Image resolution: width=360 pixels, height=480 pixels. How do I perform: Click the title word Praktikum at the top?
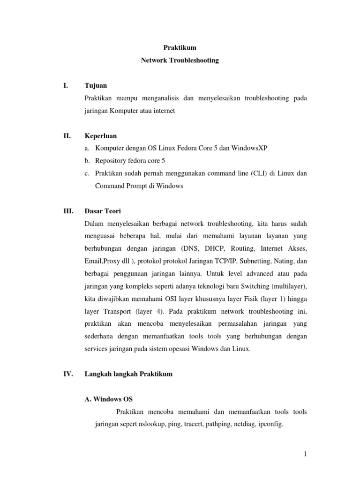coord(180,48)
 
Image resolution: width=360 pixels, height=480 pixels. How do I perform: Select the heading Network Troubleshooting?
coord(180,60)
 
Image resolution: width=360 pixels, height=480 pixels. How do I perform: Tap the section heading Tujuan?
coord(96,86)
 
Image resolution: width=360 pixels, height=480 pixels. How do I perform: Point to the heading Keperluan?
coord(100,136)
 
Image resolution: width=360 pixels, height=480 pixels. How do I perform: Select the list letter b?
coord(87,161)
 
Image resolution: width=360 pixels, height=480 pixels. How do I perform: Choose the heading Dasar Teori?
coord(103,211)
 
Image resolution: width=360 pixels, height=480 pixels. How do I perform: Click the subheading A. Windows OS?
coord(108,399)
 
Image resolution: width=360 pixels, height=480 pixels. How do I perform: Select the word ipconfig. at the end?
coord(270,425)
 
